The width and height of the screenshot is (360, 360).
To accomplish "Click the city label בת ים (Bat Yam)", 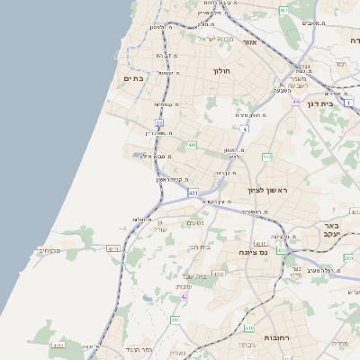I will point(132,79).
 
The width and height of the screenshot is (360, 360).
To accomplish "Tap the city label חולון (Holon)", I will point(222,70).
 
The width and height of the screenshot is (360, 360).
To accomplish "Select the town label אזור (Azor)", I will point(250,41).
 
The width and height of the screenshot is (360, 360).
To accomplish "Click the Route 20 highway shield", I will point(158,122).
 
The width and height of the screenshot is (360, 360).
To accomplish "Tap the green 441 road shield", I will point(192,144).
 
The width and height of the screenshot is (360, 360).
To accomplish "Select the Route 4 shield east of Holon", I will point(244,130).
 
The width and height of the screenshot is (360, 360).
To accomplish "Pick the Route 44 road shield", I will point(295,102).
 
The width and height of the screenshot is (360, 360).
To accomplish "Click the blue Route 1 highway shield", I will point(347,103).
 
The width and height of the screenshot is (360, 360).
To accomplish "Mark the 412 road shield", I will point(266,157).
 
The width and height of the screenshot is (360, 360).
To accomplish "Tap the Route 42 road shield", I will point(184,296).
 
